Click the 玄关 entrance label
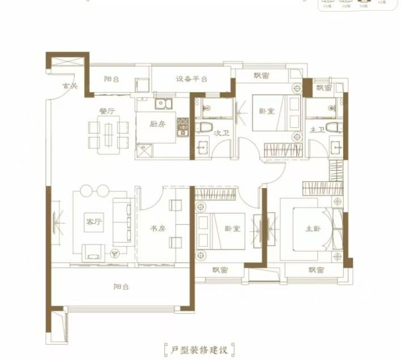click(x=69, y=86)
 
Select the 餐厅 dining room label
click(x=106, y=112)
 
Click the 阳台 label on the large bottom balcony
click(x=121, y=287)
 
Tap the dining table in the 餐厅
click(x=108, y=135)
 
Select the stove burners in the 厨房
click(x=182, y=127)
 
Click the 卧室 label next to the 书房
click(x=232, y=229)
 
